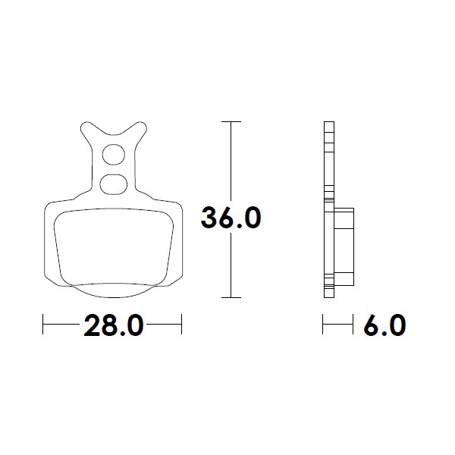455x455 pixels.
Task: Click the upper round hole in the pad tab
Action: (114, 154)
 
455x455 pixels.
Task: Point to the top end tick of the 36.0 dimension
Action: (231, 121)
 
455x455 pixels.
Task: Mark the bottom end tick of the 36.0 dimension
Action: (231, 297)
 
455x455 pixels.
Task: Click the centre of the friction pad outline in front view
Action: (113, 243)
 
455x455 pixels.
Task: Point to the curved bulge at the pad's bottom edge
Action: (113, 289)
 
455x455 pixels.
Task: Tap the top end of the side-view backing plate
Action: (328, 124)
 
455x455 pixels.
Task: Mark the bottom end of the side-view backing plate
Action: (328, 294)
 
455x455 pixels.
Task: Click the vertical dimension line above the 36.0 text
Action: (231, 159)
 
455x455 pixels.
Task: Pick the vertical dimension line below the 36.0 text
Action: (231, 265)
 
